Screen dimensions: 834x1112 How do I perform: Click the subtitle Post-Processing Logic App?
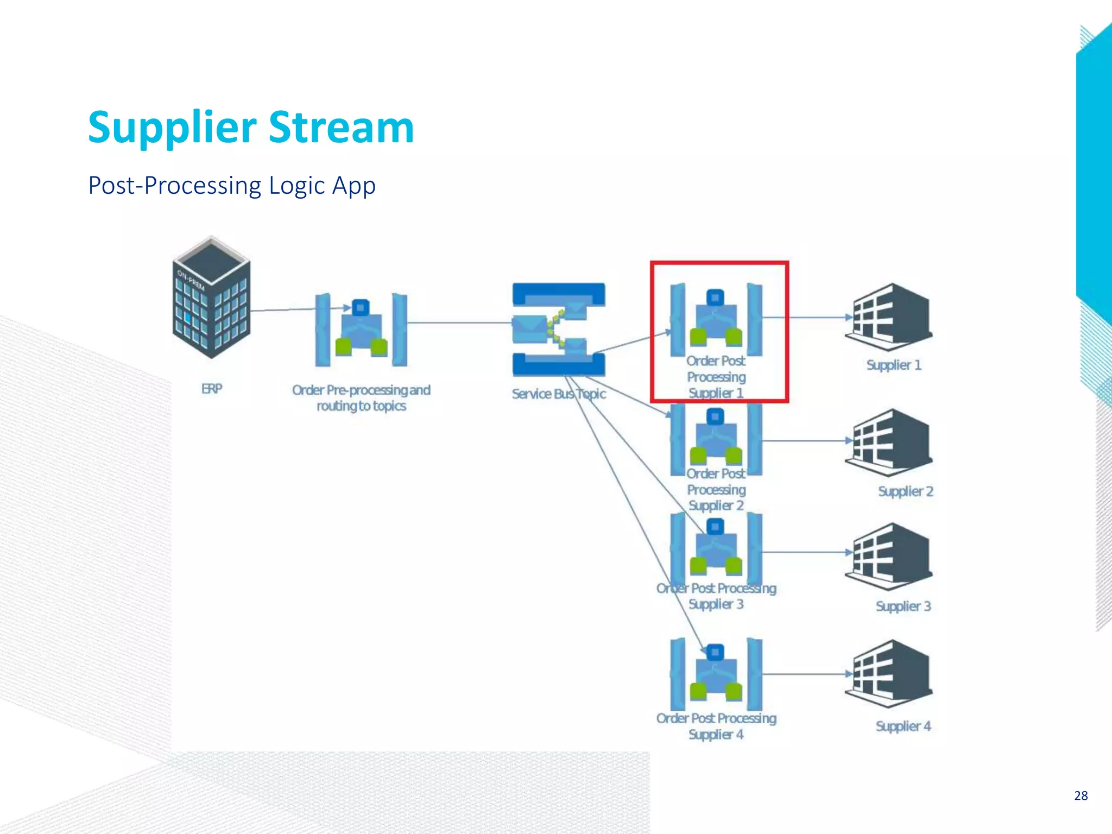[232, 186]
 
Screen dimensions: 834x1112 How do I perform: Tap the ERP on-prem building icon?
[211, 298]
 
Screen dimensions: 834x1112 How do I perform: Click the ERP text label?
[211, 389]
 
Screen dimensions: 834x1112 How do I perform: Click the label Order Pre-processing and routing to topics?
[361, 397]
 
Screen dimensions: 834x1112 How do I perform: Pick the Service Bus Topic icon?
[558, 329]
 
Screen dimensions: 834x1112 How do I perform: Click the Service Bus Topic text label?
[558, 394]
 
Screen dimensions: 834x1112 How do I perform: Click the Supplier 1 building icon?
[889, 317]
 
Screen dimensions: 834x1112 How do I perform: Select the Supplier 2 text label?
[905, 491]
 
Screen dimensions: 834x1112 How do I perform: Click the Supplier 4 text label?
[903, 726]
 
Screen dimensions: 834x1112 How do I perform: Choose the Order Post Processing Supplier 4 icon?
[716, 673]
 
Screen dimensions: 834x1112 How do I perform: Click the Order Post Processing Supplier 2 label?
[716, 489]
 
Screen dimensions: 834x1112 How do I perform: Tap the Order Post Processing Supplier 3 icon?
[716, 548]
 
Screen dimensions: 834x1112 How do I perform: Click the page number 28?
[1081, 795]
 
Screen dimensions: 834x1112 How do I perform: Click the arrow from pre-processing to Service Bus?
[459, 323]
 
